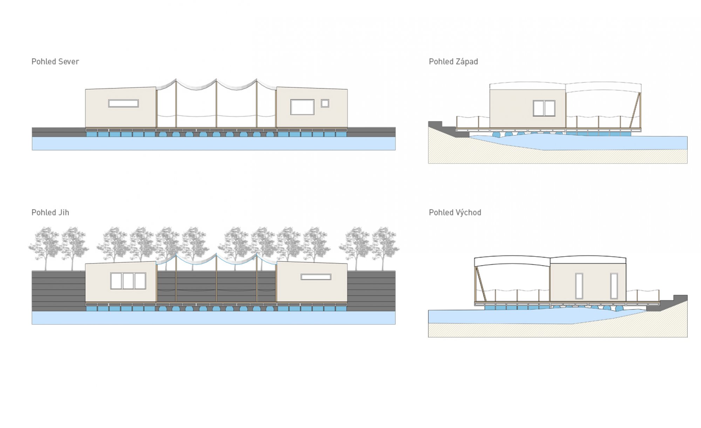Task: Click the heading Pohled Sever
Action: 55,62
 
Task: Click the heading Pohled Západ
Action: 453,62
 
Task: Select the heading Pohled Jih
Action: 50,213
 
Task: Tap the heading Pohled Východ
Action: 455,213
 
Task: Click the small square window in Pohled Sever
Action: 325,103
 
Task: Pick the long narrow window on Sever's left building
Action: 123,103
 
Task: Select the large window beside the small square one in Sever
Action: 302,107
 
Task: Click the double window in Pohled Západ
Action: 544,108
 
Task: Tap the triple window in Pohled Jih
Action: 128,281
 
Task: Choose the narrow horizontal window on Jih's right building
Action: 316,277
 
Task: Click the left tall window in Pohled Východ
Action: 579,286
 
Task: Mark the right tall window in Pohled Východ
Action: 614,286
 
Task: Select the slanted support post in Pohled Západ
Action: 635,110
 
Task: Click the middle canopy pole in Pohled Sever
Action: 216,103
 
